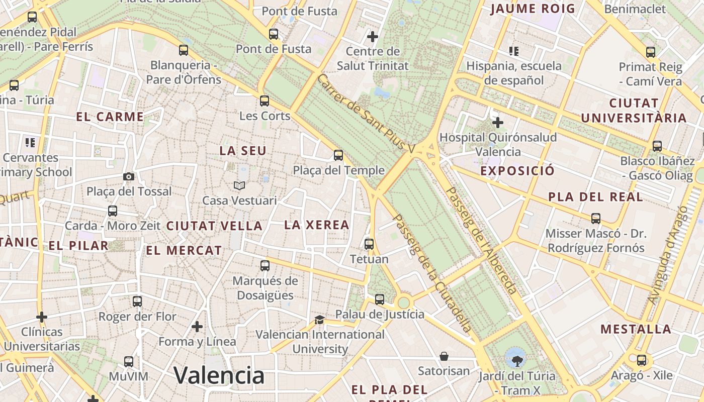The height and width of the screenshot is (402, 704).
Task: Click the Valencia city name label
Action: [219, 375]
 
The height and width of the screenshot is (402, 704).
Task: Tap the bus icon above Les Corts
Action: [265, 101]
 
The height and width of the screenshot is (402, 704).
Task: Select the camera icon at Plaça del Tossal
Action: [129, 176]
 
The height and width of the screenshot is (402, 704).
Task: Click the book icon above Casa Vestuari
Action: [239, 186]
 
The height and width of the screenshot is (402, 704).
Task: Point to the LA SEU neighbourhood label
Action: [243, 151]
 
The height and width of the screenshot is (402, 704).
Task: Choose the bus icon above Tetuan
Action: [369, 244]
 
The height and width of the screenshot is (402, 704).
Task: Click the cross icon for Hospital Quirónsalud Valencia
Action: [498, 122]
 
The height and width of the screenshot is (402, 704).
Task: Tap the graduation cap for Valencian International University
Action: [319, 320]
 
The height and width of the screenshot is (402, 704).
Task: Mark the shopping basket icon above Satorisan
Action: [444, 356]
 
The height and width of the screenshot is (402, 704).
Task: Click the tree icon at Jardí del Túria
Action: [516, 360]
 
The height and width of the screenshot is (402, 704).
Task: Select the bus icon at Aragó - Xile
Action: [642, 360]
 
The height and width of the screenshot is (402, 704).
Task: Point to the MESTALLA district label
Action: [636, 330]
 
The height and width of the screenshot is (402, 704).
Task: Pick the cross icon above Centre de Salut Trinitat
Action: [373, 37]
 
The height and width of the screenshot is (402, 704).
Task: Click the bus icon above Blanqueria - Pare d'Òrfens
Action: [184, 50]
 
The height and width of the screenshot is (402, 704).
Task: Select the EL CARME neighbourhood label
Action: [110, 117]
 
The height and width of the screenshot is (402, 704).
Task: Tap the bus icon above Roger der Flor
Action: [137, 301]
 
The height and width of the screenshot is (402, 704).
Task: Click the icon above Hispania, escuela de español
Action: [513, 51]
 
